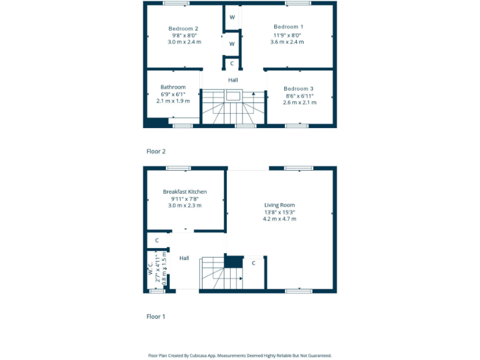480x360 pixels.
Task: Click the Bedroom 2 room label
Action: coord(183,29)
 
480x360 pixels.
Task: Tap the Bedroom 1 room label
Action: coord(288,26)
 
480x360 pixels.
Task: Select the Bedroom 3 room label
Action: coord(298,89)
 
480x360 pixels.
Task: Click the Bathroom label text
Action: coord(172,87)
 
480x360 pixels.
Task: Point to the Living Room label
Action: coord(279,205)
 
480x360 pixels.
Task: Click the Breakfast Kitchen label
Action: coord(184,192)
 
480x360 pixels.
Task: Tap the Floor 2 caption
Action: coord(156,151)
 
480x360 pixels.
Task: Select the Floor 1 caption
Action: coord(156,317)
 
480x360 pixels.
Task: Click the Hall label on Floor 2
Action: coord(232,80)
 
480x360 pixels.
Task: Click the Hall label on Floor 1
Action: coord(184,258)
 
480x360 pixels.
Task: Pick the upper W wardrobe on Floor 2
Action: coord(232,17)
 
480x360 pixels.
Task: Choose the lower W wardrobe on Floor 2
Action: coord(232,44)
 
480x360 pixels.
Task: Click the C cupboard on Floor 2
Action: coord(232,63)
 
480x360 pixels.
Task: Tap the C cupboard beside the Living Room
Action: coord(253,263)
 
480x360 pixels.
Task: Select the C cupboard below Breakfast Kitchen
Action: coord(157,240)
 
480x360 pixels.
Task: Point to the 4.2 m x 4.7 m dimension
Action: coord(279,219)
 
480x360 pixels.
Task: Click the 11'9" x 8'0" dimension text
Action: coord(288,34)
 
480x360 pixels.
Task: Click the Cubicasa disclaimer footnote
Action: coord(240,355)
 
